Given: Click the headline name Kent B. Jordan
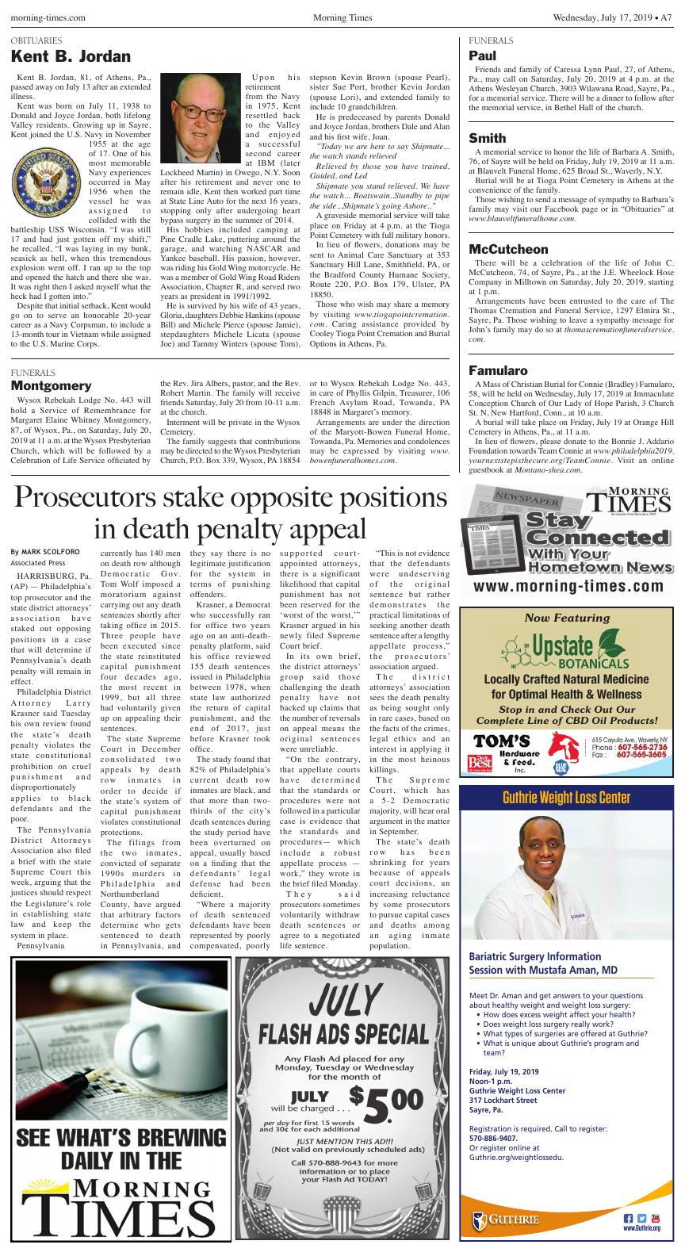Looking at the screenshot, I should tap(71, 57).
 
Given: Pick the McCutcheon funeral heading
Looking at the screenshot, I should tap(508, 249).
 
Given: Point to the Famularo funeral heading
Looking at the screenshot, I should tap(498, 370).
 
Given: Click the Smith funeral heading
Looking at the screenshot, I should tap(487, 138).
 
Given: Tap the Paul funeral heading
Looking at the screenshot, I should tap(482, 56).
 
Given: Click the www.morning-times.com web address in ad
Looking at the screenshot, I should tap(568, 587).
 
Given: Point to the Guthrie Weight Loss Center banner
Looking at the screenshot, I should tap(568, 798).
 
